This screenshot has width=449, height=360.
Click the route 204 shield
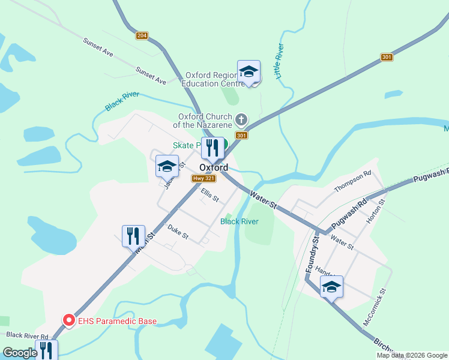click(141, 36)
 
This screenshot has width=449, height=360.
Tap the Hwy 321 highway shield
click(200, 179)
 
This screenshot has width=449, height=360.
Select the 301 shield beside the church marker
click(241, 136)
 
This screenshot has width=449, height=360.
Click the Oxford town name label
click(214, 168)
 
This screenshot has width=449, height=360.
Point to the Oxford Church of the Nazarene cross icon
click(241, 119)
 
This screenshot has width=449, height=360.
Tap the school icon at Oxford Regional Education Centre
click(249, 72)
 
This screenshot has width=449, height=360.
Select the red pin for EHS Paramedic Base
click(69, 321)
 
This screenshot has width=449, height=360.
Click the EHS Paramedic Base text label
click(118, 321)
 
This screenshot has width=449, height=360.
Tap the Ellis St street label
click(210, 195)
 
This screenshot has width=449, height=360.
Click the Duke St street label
click(178, 231)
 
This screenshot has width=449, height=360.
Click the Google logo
click(20, 353)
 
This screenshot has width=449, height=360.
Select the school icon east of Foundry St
click(331, 287)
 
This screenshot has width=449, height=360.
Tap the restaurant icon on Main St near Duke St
click(133, 236)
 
